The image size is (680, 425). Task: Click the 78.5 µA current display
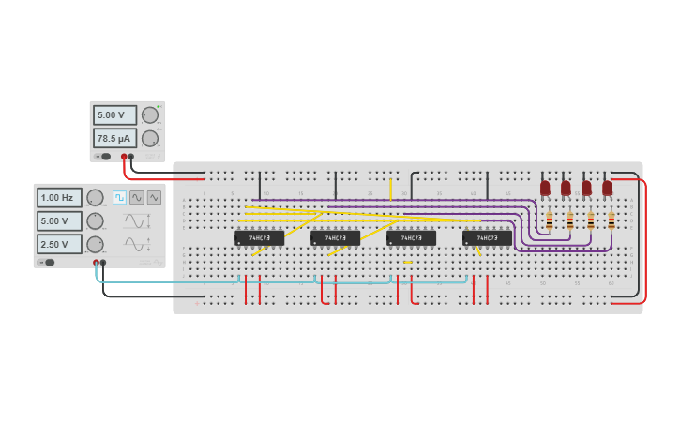tap(114, 138)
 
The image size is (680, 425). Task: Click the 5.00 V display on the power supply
tap(114, 114)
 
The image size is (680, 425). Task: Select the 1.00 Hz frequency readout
tap(59, 197)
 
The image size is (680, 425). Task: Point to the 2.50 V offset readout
tap(59, 244)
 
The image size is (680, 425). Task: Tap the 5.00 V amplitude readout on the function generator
tap(59, 220)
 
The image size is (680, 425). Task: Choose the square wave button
tap(119, 197)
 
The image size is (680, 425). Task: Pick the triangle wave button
tap(154, 197)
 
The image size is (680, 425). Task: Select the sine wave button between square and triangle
tap(137, 197)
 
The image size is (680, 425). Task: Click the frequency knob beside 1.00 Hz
tap(95, 197)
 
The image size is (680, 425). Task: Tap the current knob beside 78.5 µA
tap(149, 138)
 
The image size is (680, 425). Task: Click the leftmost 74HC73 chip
tap(259, 238)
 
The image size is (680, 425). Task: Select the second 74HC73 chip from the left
tap(335, 238)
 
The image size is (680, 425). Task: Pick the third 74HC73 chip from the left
tap(411, 238)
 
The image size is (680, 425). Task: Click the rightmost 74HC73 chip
tap(487, 238)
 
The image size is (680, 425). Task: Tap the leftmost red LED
tap(545, 188)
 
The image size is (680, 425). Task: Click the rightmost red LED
tap(607, 188)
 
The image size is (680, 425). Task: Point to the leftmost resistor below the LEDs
tap(549, 221)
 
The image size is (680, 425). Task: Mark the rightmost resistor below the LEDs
tap(612, 221)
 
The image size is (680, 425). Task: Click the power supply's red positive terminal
tap(123, 157)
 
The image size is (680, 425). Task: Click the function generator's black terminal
tap(103, 263)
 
